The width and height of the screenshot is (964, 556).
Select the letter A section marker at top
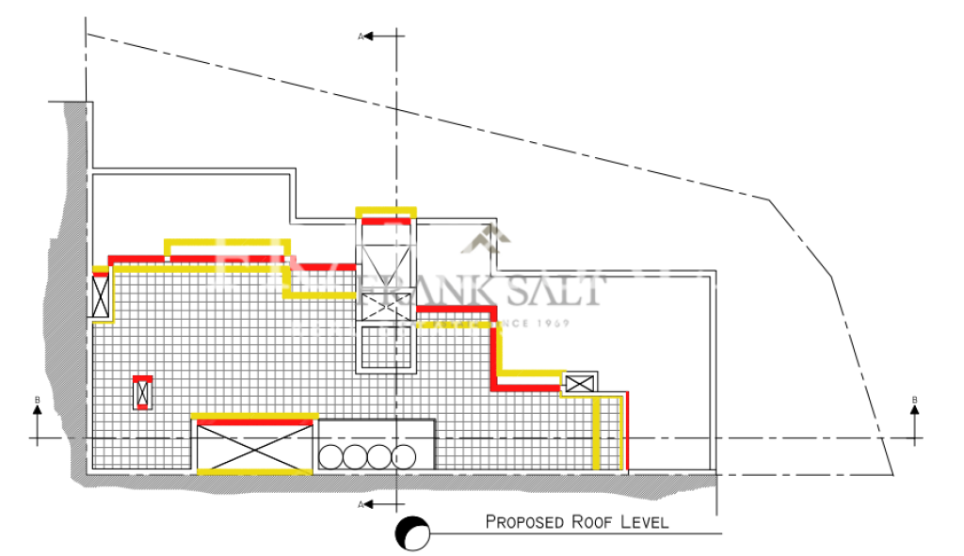(x=361, y=36)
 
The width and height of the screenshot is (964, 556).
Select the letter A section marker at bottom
(x=361, y=506)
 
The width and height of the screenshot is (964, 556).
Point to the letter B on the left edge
(x=38, y=401)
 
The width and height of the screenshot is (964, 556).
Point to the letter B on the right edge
(x=914, y=401)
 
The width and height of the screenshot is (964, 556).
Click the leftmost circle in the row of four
(x=332, y=456)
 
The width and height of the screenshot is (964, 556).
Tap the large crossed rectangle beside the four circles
(x=254, y=446)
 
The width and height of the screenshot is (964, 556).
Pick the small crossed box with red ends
(x=143, y=392)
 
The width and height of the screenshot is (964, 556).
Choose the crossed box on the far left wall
(x=102, y=296)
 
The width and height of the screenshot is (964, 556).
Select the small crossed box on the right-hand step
(x=579, y=383)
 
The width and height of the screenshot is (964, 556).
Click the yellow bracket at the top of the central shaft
(x=386, y=210)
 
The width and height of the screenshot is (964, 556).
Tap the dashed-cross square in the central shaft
(x=386, y=304)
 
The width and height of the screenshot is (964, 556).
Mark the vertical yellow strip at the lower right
(x=597, y=433)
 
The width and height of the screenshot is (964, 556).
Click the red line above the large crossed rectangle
(x=254, y=416)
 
